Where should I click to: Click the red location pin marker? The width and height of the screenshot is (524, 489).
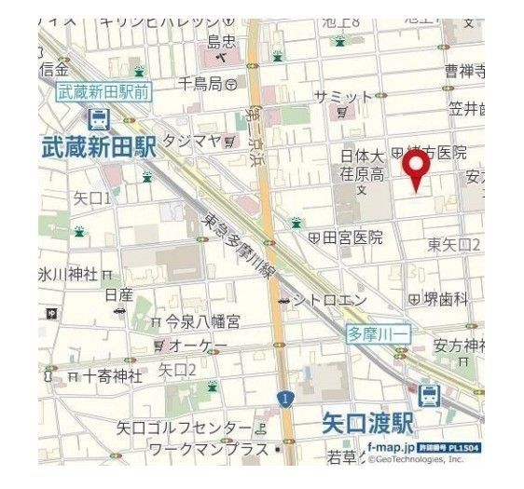[x=416, y=170]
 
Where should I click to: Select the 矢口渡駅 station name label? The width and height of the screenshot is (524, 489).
[x=367, y=423]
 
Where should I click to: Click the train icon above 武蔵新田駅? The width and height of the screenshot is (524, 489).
[x=98, y=118]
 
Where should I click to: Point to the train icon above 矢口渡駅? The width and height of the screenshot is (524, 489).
[x=430, y=395]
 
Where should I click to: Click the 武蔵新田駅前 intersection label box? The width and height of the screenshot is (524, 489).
[x=104, y=91]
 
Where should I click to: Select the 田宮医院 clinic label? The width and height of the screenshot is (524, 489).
[x=352, y=238]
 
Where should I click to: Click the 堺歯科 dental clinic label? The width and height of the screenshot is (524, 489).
[x=444, y=298]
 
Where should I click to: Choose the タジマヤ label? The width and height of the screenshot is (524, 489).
[x=191, y=140]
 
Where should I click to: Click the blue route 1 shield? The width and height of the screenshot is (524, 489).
[x=282, y=400]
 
